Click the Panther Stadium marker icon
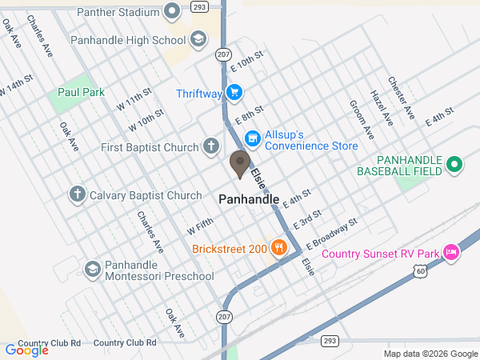[x=171, y=11]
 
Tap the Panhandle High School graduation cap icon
[x=198, y=39]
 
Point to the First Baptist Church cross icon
[x=210, y=146]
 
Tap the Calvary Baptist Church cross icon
[x=78, y=194]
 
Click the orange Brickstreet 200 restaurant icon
[x=279, y=248]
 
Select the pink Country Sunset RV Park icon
[x=451, y=254]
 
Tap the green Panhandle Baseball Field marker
[x=454, y=165]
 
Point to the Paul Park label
[x=82, y=93]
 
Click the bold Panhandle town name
[x=249, y=198]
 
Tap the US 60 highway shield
[x=421, y=272]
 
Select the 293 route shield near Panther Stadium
[x=200, y=6]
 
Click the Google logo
[x=26, y=350]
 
